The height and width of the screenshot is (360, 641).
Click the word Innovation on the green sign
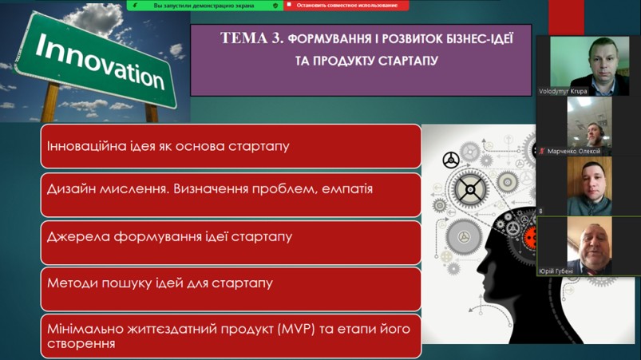click(100, 61)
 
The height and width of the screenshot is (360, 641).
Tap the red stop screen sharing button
click(346, 6)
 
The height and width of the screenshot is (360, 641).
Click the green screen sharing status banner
click(205, 6)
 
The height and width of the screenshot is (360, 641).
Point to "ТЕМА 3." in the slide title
click(251, 38)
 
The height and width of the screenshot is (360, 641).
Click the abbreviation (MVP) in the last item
click(296, 330)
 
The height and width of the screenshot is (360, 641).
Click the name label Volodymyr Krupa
click(563, 92)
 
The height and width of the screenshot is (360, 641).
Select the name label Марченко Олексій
click(574, 151)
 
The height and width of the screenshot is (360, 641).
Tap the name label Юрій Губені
click(556, 271)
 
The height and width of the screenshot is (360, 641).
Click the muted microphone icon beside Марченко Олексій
click(542, 151)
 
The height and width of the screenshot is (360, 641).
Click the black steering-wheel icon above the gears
click(451, 160)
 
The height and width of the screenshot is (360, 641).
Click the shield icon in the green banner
click(275, 6)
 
